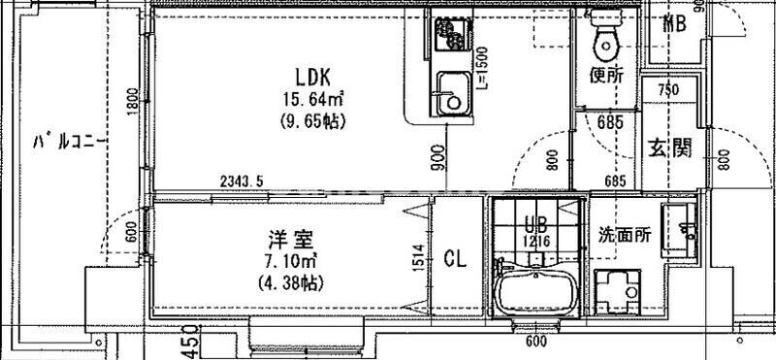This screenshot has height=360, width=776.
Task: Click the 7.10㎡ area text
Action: [288, 261]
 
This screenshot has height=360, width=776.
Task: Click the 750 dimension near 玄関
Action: [667, 90]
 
